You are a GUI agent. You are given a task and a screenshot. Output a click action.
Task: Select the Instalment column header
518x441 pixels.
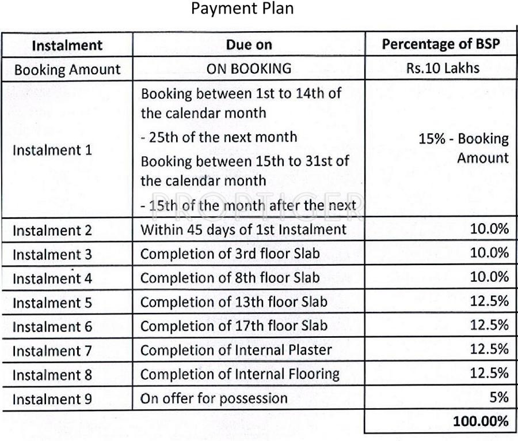pos(67,46)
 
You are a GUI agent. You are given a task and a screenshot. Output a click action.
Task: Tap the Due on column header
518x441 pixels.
pos(249,46)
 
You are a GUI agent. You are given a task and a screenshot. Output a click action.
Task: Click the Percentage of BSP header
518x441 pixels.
pos(441,45)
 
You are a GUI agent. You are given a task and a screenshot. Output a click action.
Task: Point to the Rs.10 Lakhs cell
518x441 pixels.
pos(441,69)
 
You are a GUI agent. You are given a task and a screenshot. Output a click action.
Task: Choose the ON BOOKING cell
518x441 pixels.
pos(249,69)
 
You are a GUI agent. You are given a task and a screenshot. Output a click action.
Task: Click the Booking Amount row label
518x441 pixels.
pos(67,70)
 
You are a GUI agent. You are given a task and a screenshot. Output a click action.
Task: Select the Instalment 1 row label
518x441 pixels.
pos(52,150)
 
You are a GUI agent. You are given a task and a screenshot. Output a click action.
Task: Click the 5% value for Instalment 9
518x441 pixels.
pos(499,398)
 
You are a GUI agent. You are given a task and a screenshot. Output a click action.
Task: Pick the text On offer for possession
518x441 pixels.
pos(214,398)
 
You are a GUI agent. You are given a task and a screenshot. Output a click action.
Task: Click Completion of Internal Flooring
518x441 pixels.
pos(239,374)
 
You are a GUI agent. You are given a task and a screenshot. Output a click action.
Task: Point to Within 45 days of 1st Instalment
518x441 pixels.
pos(243,229)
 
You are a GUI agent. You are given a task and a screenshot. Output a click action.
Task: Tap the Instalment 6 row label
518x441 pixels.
pos(52,326)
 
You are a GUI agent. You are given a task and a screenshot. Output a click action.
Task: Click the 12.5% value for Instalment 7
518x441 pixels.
pos(490,349)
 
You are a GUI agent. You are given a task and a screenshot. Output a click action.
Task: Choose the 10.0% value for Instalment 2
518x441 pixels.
pos(490,229)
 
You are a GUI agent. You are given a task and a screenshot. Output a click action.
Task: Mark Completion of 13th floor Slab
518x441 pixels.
pos(234,301)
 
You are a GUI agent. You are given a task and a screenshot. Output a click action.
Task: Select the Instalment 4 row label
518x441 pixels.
pos(52,278)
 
